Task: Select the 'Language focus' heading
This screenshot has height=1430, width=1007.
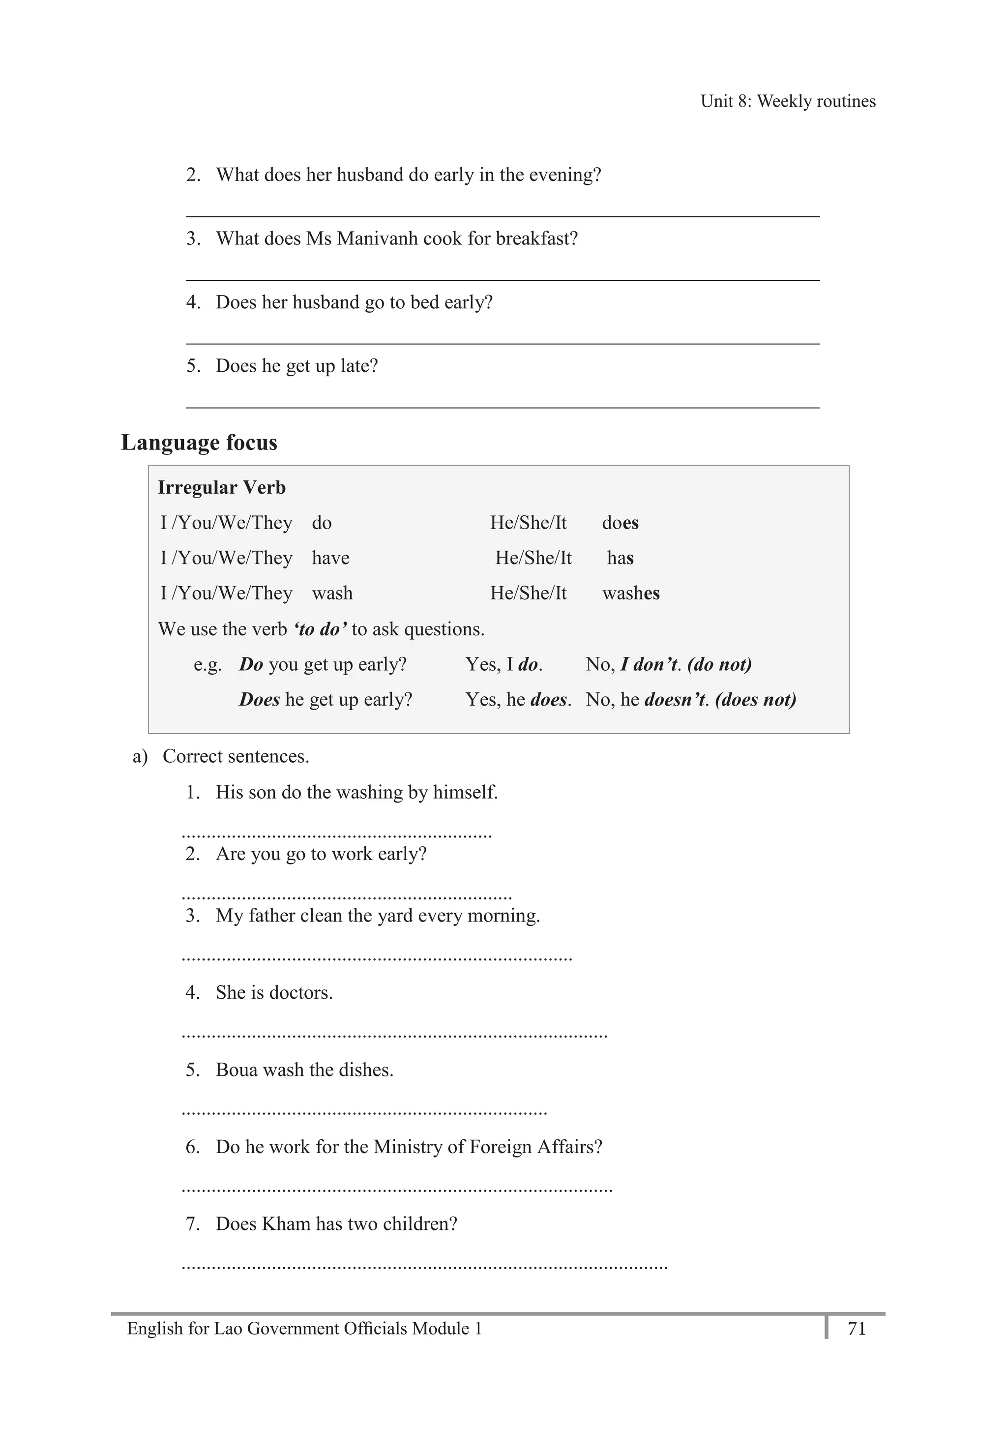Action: [199, 443]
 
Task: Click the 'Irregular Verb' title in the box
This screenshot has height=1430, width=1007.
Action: [221, 488]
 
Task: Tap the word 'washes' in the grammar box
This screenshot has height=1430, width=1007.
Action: [630, 593]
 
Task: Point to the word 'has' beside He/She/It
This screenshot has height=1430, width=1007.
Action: [620, 558]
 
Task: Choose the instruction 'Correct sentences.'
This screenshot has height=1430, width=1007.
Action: [236, 756]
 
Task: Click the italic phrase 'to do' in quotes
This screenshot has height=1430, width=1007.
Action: [320, 629]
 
